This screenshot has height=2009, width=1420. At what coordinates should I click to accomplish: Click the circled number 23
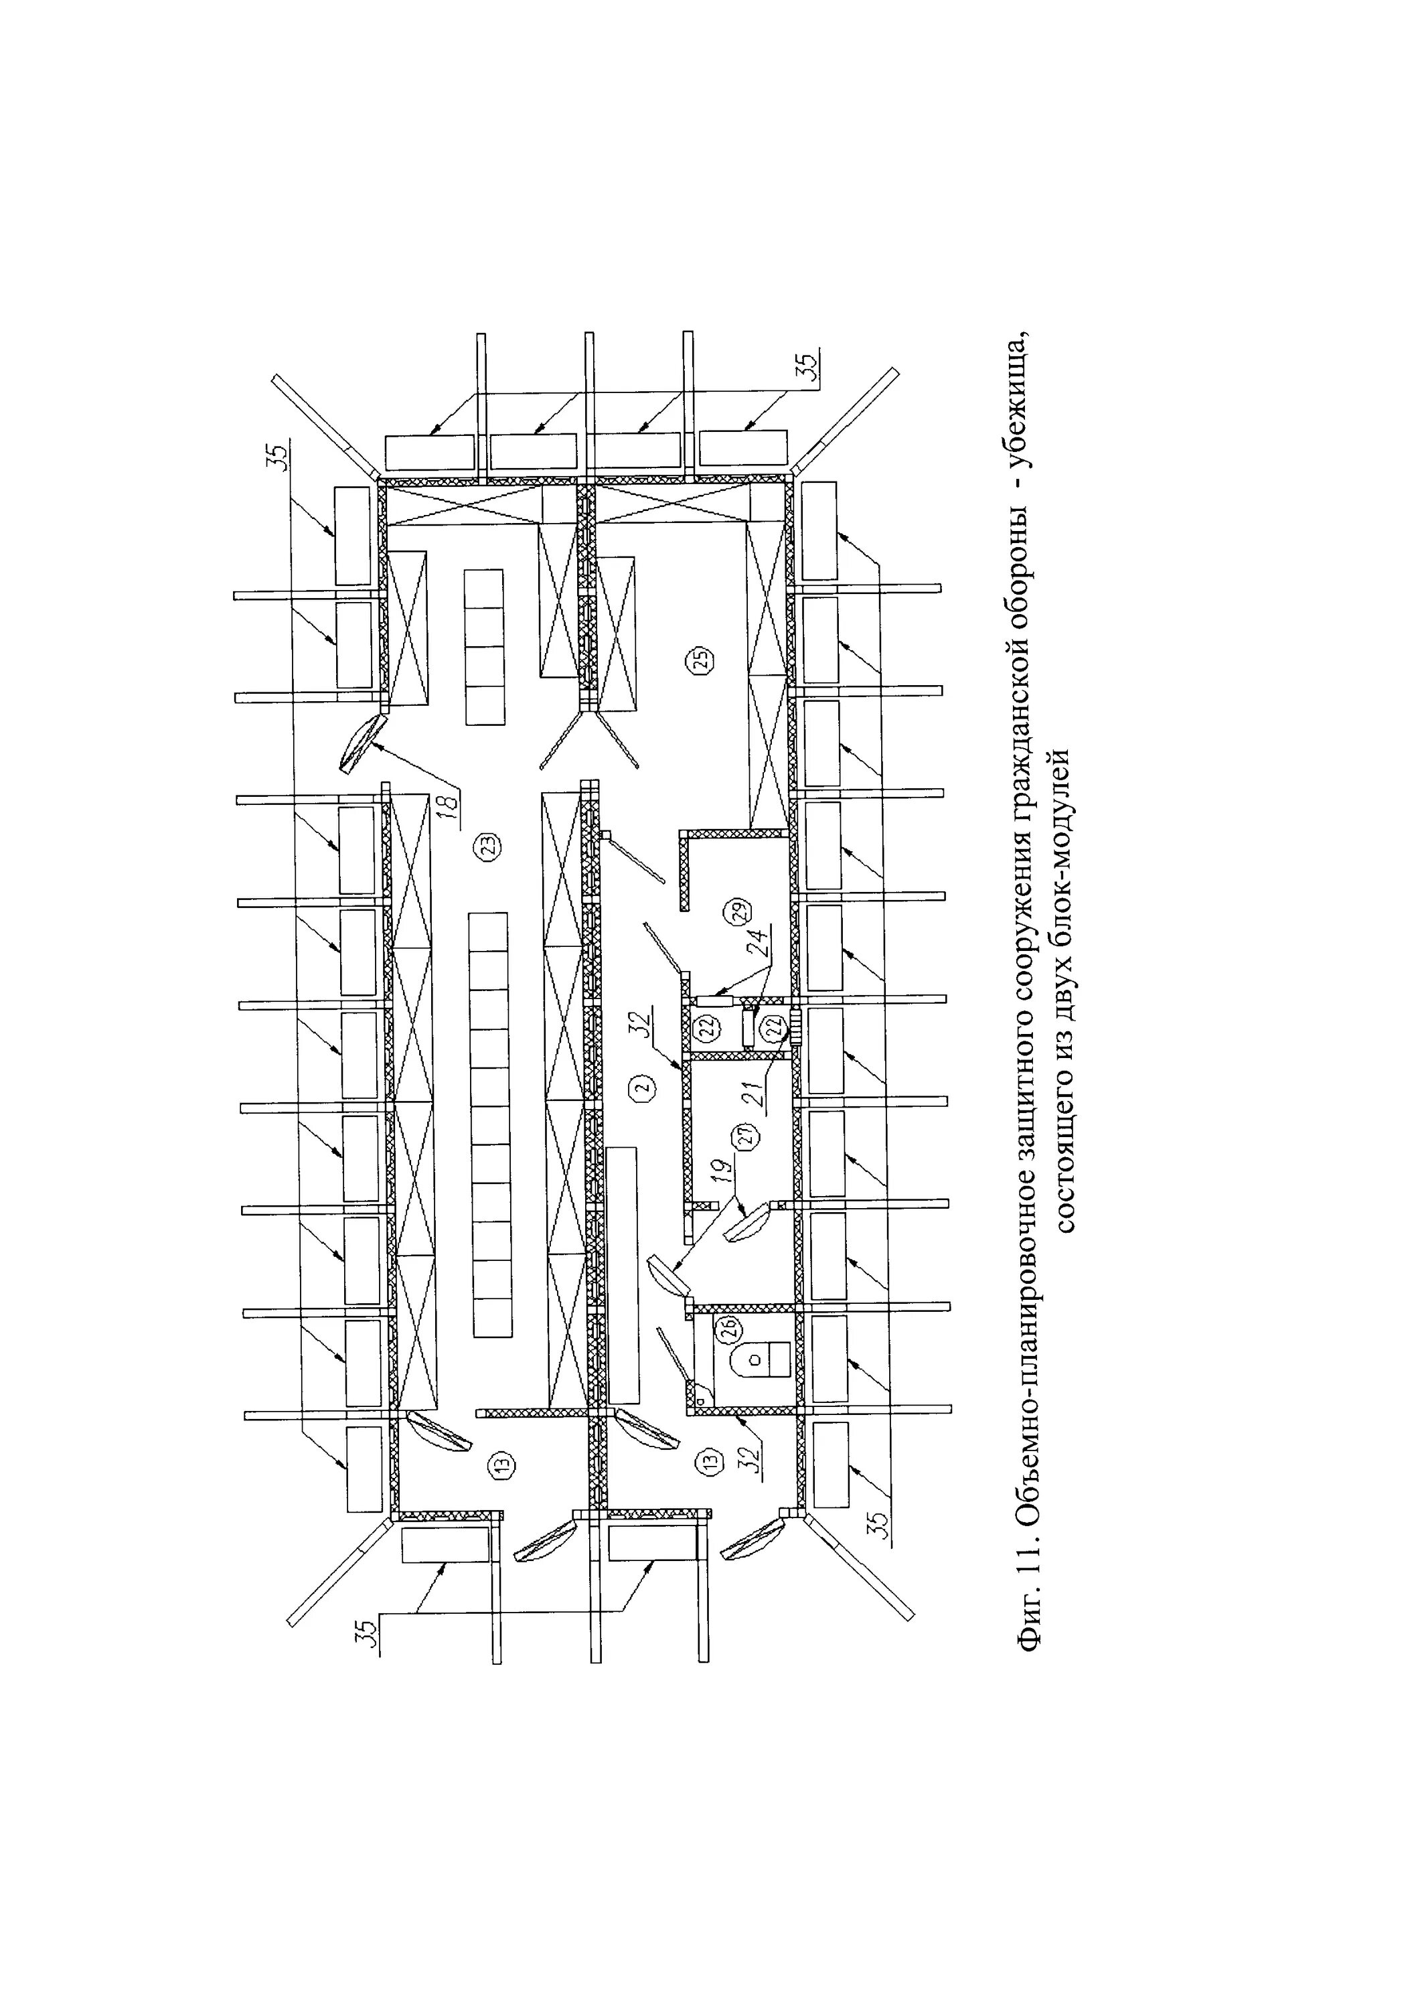tap(487, 846)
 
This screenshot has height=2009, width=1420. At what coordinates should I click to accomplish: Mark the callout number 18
tap(450, 805)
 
